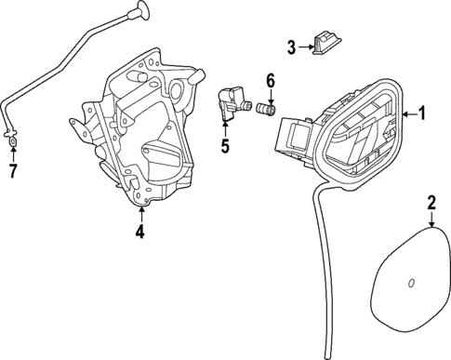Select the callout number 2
tap(431, 202)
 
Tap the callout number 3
tap(290, 47)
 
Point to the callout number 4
tap(139, 232)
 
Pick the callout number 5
tap(224, 145)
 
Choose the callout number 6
tap(271, 81)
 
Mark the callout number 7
tap(12, 170)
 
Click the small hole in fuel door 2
tap(410, 282)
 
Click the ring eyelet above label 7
tap(12, 141)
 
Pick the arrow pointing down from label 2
tap(431, 221)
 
